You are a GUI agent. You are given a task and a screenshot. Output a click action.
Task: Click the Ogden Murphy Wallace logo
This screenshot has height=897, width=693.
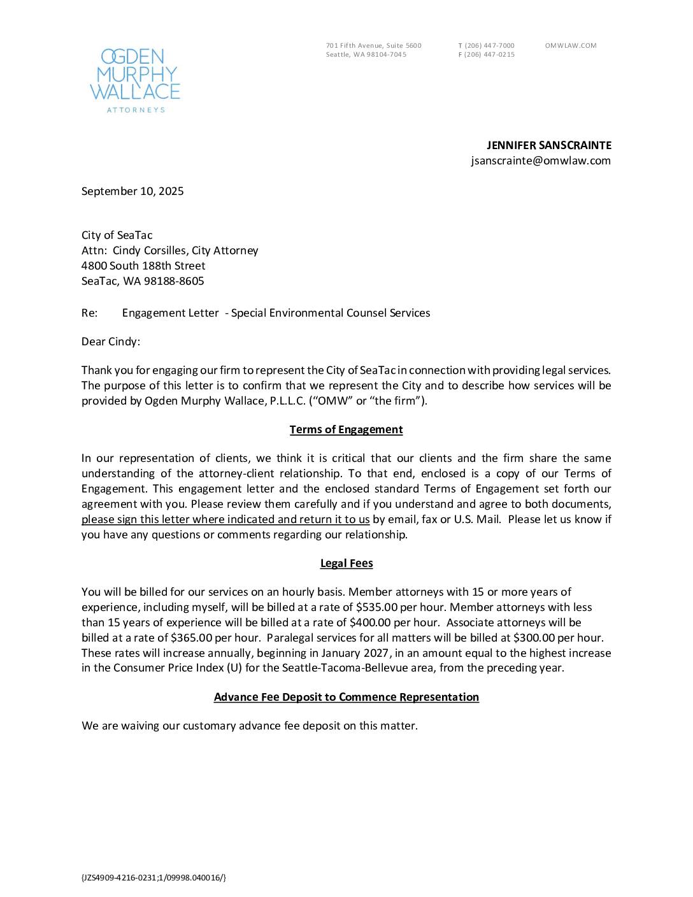tap(135, 80)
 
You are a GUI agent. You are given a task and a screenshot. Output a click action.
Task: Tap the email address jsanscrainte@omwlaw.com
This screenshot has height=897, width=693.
tap(541, 161)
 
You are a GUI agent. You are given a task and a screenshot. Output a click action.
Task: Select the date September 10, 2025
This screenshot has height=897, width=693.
tap(132, 191)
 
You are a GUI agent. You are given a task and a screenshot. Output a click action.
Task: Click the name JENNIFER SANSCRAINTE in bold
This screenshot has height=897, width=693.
tap(549, 145)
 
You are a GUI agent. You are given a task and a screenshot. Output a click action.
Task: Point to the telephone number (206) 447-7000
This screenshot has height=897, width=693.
tap(489, 45)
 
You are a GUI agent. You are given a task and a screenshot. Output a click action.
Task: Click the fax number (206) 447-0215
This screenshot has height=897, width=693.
tap(489, 55)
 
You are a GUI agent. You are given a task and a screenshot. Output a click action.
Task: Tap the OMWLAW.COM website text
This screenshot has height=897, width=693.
tap(571, 45)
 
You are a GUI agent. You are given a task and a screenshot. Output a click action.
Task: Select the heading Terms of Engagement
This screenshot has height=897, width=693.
tap(346, 429)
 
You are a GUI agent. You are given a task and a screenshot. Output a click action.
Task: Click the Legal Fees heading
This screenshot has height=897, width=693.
tap(346, 563)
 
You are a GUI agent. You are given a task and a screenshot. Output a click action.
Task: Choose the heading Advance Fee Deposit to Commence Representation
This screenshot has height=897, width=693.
tap(346, 697)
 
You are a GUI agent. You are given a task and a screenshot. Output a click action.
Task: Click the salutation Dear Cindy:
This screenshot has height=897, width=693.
tap(111, 341)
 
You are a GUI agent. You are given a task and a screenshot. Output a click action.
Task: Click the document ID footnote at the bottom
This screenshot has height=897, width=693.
tap(154, 878)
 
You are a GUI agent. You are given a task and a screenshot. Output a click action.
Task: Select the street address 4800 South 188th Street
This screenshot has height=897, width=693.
tap(143, 266)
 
